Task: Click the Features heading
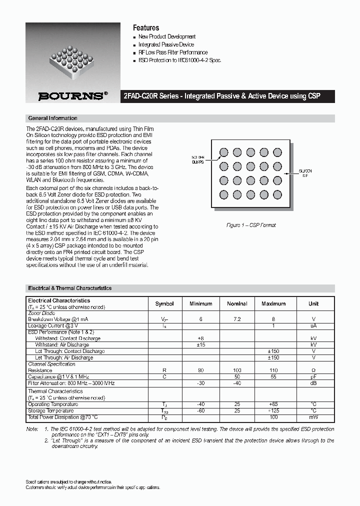(145, 28)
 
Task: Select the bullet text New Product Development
(166, 37)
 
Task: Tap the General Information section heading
(52, 118)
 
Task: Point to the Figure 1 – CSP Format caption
(251, 225)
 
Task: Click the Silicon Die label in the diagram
(305, 173)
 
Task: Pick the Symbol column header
(164, 304)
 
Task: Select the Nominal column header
(237, 304)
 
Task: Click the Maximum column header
(273, 304)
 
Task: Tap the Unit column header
(313, 304)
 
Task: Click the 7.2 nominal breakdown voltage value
(237, 319)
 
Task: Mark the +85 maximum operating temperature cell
(273, 404)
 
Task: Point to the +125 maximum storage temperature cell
(273, 410)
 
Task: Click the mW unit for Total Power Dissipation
(313, 417)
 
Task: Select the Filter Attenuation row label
(71, 383)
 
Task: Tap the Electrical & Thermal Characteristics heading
(69, 288)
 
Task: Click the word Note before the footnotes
(31, 429)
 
